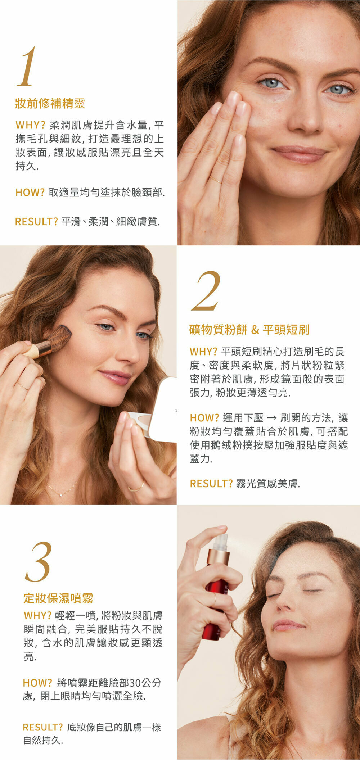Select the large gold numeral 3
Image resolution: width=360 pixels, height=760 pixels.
point(39,562)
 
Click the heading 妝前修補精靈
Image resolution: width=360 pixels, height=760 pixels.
point(50,104)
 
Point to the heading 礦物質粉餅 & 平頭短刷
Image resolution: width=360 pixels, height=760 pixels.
point(249,329)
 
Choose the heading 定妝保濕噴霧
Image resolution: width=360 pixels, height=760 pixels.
point(58,598)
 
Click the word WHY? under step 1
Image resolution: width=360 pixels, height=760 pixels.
point(30,125)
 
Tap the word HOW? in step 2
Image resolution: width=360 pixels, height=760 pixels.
point(204,418)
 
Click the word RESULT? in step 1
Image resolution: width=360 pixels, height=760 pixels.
point(36,222)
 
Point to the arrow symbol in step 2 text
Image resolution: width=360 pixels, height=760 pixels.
point(272,418)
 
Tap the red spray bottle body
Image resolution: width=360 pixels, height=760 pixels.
point(213,608)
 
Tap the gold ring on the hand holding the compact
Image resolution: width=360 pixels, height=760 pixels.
point(136,488)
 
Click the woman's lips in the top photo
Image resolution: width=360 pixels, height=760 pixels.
point(300,153)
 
